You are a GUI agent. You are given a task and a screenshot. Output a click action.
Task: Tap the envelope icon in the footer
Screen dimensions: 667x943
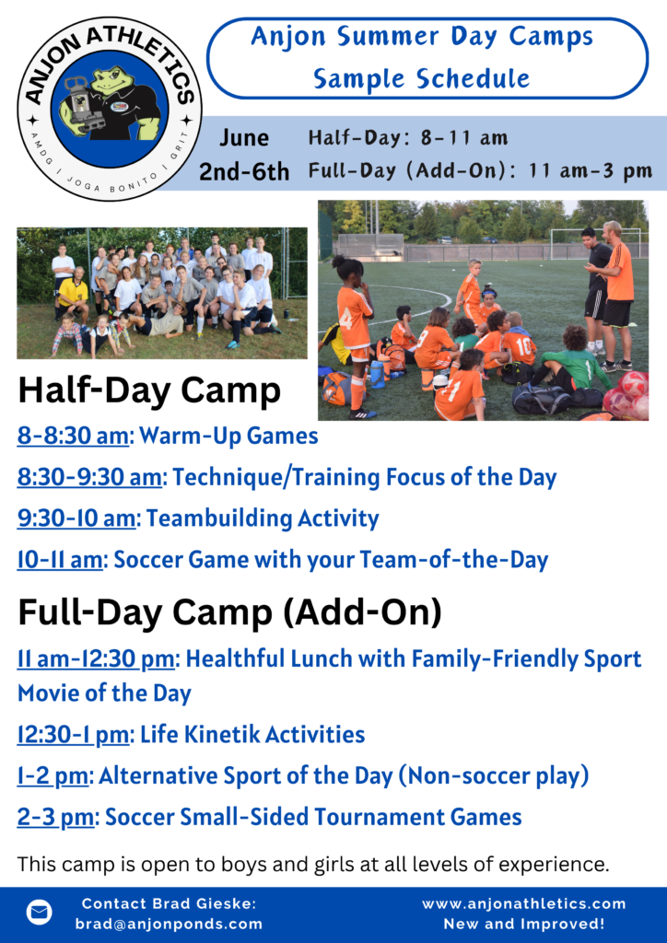[x=39, y=913]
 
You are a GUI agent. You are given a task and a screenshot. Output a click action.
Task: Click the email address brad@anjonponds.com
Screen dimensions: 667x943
[x=169, y=925]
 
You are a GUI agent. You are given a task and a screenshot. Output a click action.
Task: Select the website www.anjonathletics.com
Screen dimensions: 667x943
[x=524, y=904]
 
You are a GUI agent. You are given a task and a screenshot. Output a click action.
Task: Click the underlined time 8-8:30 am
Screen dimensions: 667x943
[x=73, y=436]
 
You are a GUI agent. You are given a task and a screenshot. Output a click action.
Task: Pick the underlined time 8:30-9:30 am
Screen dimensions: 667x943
[x=89, y=477]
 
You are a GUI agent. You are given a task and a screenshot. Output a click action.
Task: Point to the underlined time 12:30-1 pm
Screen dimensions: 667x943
[x=73, y=734]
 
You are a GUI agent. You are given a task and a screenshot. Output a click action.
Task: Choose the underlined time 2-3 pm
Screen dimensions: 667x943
[x=55, y=817]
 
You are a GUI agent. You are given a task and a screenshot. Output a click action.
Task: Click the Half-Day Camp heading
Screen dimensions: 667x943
[x=150, y=390]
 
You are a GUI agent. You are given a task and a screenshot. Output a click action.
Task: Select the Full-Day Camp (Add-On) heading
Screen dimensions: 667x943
[x=229, y=612]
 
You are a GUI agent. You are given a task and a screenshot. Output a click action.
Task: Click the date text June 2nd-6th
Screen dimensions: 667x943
[x=244, y=155]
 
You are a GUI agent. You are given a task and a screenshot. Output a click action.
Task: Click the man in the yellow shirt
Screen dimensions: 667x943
[x=72, y=296]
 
